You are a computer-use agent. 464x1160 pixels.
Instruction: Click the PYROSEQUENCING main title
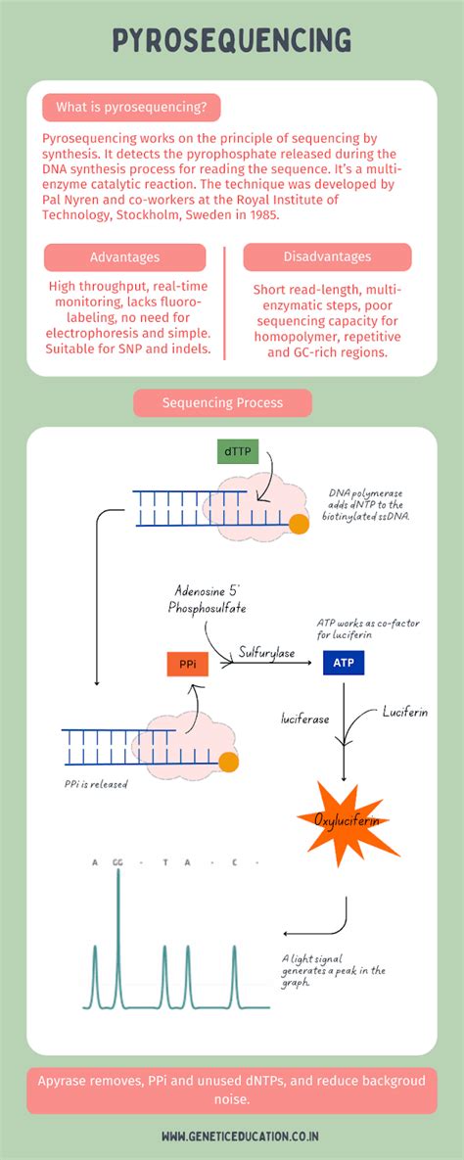pos(232,40)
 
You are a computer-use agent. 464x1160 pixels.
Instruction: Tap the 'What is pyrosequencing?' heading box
pos(131,107)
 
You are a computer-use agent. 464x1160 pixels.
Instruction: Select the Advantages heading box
pos(124,257)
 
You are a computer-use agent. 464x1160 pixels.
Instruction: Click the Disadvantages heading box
pos(327,256)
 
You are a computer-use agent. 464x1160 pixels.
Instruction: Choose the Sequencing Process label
pos(222,402)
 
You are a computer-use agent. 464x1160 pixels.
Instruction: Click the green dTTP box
pos(237,452)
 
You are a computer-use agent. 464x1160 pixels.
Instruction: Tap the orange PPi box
pos(187,664)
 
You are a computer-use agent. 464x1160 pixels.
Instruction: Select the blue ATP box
pos(344,663)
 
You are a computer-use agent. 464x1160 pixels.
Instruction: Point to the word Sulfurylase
pos(267,652)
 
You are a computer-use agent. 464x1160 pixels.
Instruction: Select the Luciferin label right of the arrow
pos(404,712)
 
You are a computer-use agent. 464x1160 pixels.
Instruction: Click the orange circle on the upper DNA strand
pos(301,525)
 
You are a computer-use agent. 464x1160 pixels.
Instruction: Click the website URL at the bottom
pos(232,1137)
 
